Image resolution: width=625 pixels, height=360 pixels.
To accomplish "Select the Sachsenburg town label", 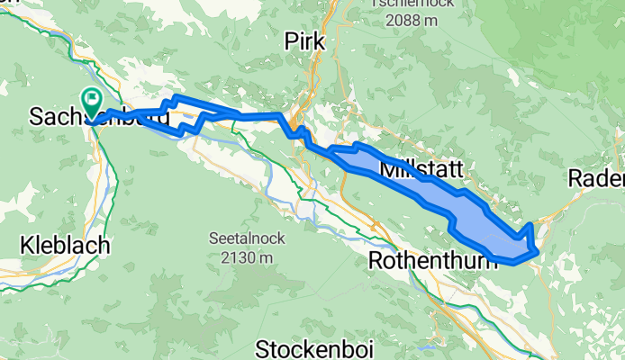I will pos(99,117).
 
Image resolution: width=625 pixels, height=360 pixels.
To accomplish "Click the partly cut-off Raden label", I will pos(597,179).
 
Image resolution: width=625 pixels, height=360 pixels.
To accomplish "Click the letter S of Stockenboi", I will pos(263,348).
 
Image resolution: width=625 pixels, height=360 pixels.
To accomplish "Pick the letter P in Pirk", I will pos(290,41).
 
